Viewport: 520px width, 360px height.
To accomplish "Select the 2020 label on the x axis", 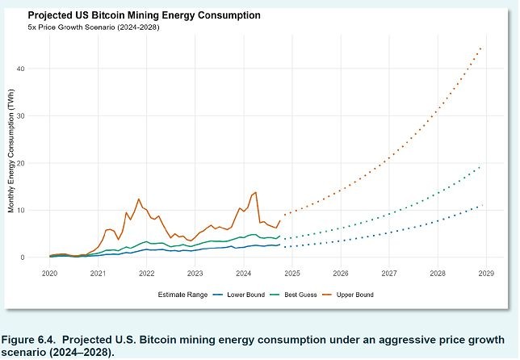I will [x=49, y=274].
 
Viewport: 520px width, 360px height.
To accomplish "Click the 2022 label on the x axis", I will [x=146, y=274].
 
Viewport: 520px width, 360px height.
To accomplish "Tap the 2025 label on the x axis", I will [x=292, y=274].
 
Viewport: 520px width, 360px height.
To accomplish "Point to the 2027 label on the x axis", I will [x=389, y=274].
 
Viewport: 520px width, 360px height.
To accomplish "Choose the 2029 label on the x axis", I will [x=486, y=274].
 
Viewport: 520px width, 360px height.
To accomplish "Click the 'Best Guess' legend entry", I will [x=296, y=295].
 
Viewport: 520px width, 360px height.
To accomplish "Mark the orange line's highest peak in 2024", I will [x=255, y=192].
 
